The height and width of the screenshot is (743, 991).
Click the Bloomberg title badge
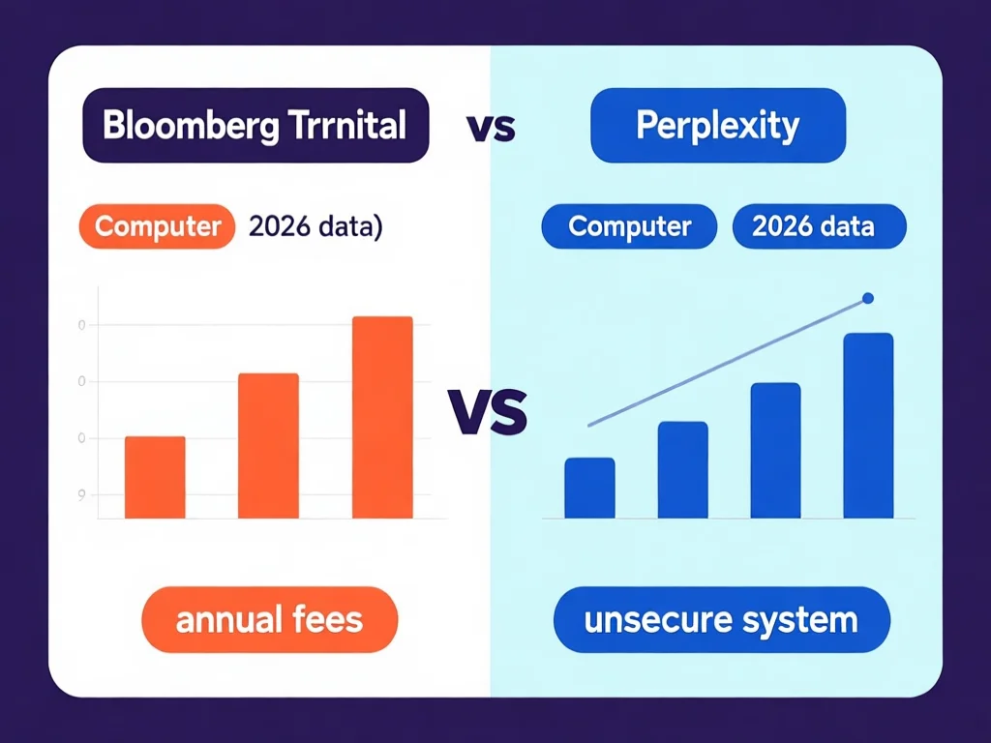255,126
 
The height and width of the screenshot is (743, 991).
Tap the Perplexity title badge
717,126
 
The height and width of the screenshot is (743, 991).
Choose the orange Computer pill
158,226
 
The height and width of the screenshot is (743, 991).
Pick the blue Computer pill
629,226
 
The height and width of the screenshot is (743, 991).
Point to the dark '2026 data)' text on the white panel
315,226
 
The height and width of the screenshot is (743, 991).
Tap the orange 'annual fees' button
269,619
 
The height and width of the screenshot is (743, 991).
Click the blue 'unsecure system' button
721,619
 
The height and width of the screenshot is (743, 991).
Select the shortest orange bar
155,477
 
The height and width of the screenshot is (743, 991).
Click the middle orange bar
268,445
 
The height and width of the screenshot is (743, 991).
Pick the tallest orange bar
382,417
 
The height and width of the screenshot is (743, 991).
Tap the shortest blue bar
589,488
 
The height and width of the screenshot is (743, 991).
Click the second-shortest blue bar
682,470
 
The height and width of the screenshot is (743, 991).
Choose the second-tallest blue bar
775,451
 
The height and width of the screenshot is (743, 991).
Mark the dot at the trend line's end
867,298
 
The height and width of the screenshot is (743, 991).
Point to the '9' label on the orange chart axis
81,493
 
